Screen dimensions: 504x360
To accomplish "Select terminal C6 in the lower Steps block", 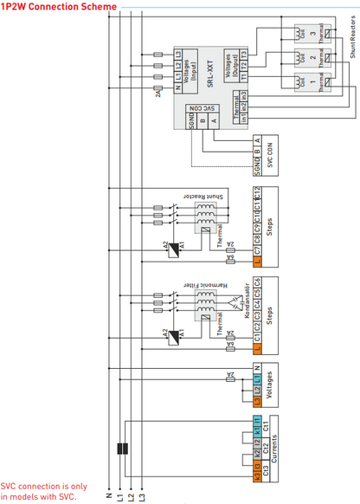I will tap(257, 283).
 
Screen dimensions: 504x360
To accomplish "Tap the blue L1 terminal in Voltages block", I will tap(257, 378).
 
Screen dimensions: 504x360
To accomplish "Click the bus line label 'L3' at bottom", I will tap(140, 497).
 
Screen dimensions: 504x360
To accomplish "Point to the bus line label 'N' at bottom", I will tap(107, 497).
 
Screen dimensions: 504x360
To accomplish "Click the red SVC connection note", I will tap(39, 491).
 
